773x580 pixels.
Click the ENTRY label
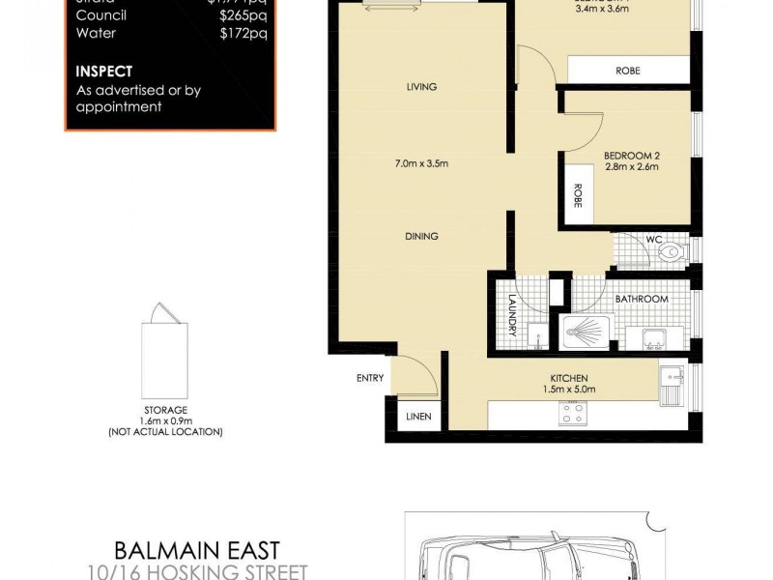370,378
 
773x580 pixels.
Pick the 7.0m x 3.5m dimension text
421,162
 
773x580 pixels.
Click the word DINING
421,236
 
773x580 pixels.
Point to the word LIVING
421,87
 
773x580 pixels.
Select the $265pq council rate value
243,14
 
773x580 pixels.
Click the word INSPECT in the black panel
104,72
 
